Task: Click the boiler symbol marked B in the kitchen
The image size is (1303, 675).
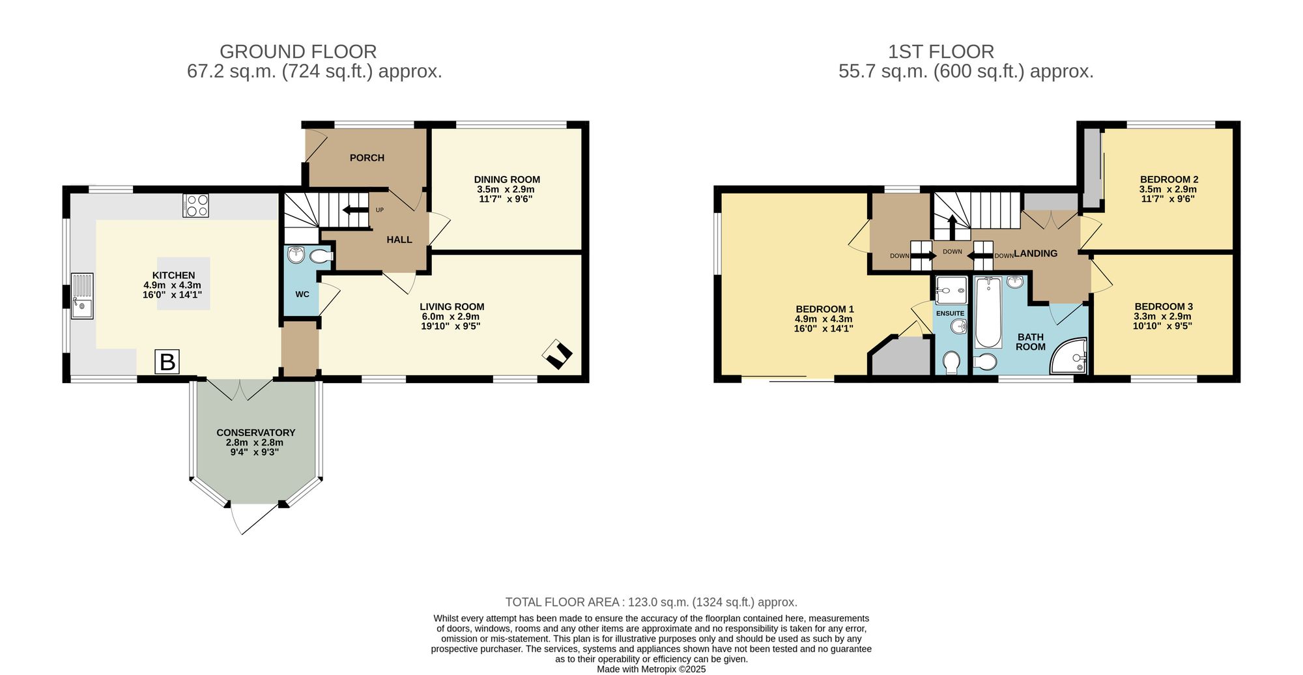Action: point(167,362)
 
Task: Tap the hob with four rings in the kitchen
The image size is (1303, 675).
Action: point(195,206)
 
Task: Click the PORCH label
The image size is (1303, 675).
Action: point(367,158)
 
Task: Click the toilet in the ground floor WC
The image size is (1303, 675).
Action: point(321,257)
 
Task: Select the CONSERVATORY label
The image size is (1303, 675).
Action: point(255,433)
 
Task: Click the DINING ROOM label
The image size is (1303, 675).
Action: point(507,179)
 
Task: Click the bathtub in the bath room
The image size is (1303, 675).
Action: point(988,313)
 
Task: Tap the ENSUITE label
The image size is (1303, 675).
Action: point(950,313)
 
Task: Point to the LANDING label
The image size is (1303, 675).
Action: point(1036,253)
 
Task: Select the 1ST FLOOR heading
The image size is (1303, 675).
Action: point(941,51)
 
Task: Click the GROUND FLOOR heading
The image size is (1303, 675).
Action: point(298,51)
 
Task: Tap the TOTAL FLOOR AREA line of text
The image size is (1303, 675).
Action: point(651,602)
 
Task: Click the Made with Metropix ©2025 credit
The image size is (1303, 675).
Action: point(651,669)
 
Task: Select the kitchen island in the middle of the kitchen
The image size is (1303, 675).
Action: point(184,283)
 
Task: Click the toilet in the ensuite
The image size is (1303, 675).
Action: point(951,362)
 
